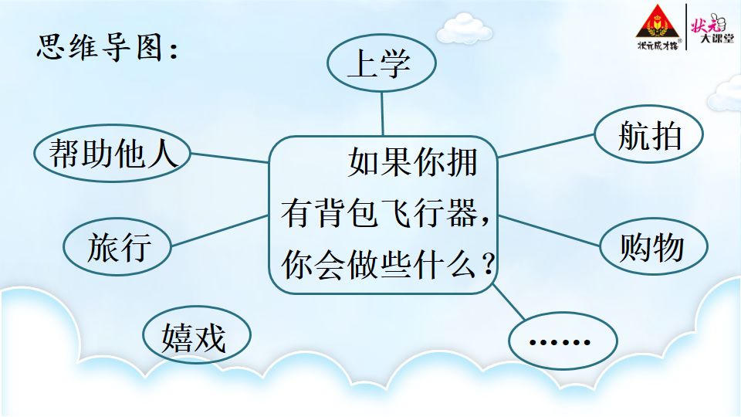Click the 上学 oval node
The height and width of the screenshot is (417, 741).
point(381,63)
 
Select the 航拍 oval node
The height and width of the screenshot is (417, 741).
point(649,134)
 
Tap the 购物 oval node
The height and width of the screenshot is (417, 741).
point(654,246)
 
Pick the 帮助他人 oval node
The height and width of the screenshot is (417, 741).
point(113,153)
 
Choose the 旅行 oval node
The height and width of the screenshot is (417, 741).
point(117,246)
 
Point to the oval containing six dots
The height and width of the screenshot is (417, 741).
point(563,341)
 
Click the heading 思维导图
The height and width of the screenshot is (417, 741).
point(107,47)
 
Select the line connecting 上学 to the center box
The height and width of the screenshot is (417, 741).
point(382,114)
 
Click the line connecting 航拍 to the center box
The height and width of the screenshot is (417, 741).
point(546,146)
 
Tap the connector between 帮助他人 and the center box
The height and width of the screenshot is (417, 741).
point(230,158)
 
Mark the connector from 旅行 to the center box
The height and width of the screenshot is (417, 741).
point(220,231)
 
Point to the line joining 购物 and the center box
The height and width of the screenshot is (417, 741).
point(549,231)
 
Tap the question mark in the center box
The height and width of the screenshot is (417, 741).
point(487,264)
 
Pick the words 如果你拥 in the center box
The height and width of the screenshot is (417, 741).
point(412,162)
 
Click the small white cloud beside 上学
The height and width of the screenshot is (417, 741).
point(463,29)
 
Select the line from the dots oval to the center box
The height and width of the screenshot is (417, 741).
point(509,302)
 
